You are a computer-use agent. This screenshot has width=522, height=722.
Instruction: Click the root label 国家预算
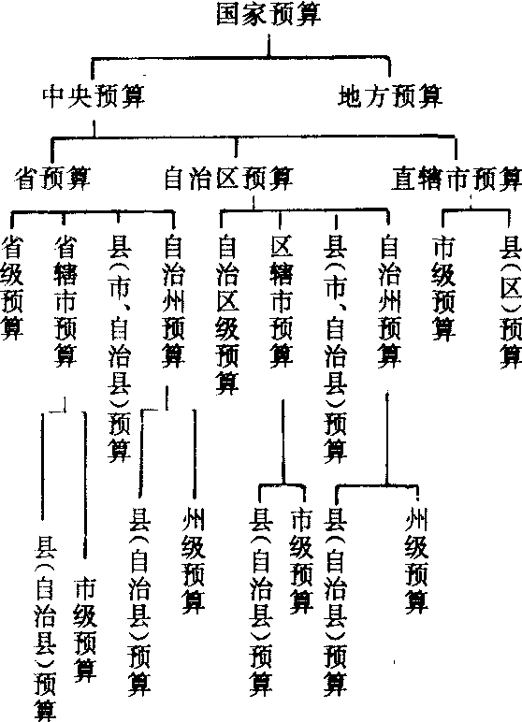pos(268,14)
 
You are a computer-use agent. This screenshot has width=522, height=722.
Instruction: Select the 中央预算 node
pos(94,96)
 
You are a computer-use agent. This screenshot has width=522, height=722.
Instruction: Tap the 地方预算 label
pos(390,96)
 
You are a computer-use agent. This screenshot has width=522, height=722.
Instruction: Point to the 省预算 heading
pos(52,179)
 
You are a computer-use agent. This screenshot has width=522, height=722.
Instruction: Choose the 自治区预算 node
pos(228,179)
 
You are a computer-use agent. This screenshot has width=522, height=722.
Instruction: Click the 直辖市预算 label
pos(457,179)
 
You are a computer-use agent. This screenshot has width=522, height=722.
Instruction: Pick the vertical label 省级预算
pos(12,288)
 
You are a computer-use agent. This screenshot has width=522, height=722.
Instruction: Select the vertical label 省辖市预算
pos(65,301)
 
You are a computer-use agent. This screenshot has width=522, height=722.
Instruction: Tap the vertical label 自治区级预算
pos(227,315)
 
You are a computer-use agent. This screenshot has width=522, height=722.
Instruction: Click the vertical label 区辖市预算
pos(281,301)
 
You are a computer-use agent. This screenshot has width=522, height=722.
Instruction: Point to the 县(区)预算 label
pos(511,301)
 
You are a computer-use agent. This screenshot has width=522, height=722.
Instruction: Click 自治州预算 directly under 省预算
pos(173,301)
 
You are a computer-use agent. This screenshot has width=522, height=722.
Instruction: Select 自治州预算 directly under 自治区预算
pos(389,301)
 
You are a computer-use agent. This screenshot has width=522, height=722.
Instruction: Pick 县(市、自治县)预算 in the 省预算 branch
pos(120,349)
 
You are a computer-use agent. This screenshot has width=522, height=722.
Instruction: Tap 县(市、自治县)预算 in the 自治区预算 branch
pos(336,349)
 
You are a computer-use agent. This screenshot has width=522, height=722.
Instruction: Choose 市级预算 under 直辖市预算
pos(443,288)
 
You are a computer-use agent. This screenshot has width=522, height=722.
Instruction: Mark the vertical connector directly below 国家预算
pos(269,45)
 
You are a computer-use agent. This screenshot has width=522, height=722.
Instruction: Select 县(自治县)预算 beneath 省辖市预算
pos(45,628)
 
